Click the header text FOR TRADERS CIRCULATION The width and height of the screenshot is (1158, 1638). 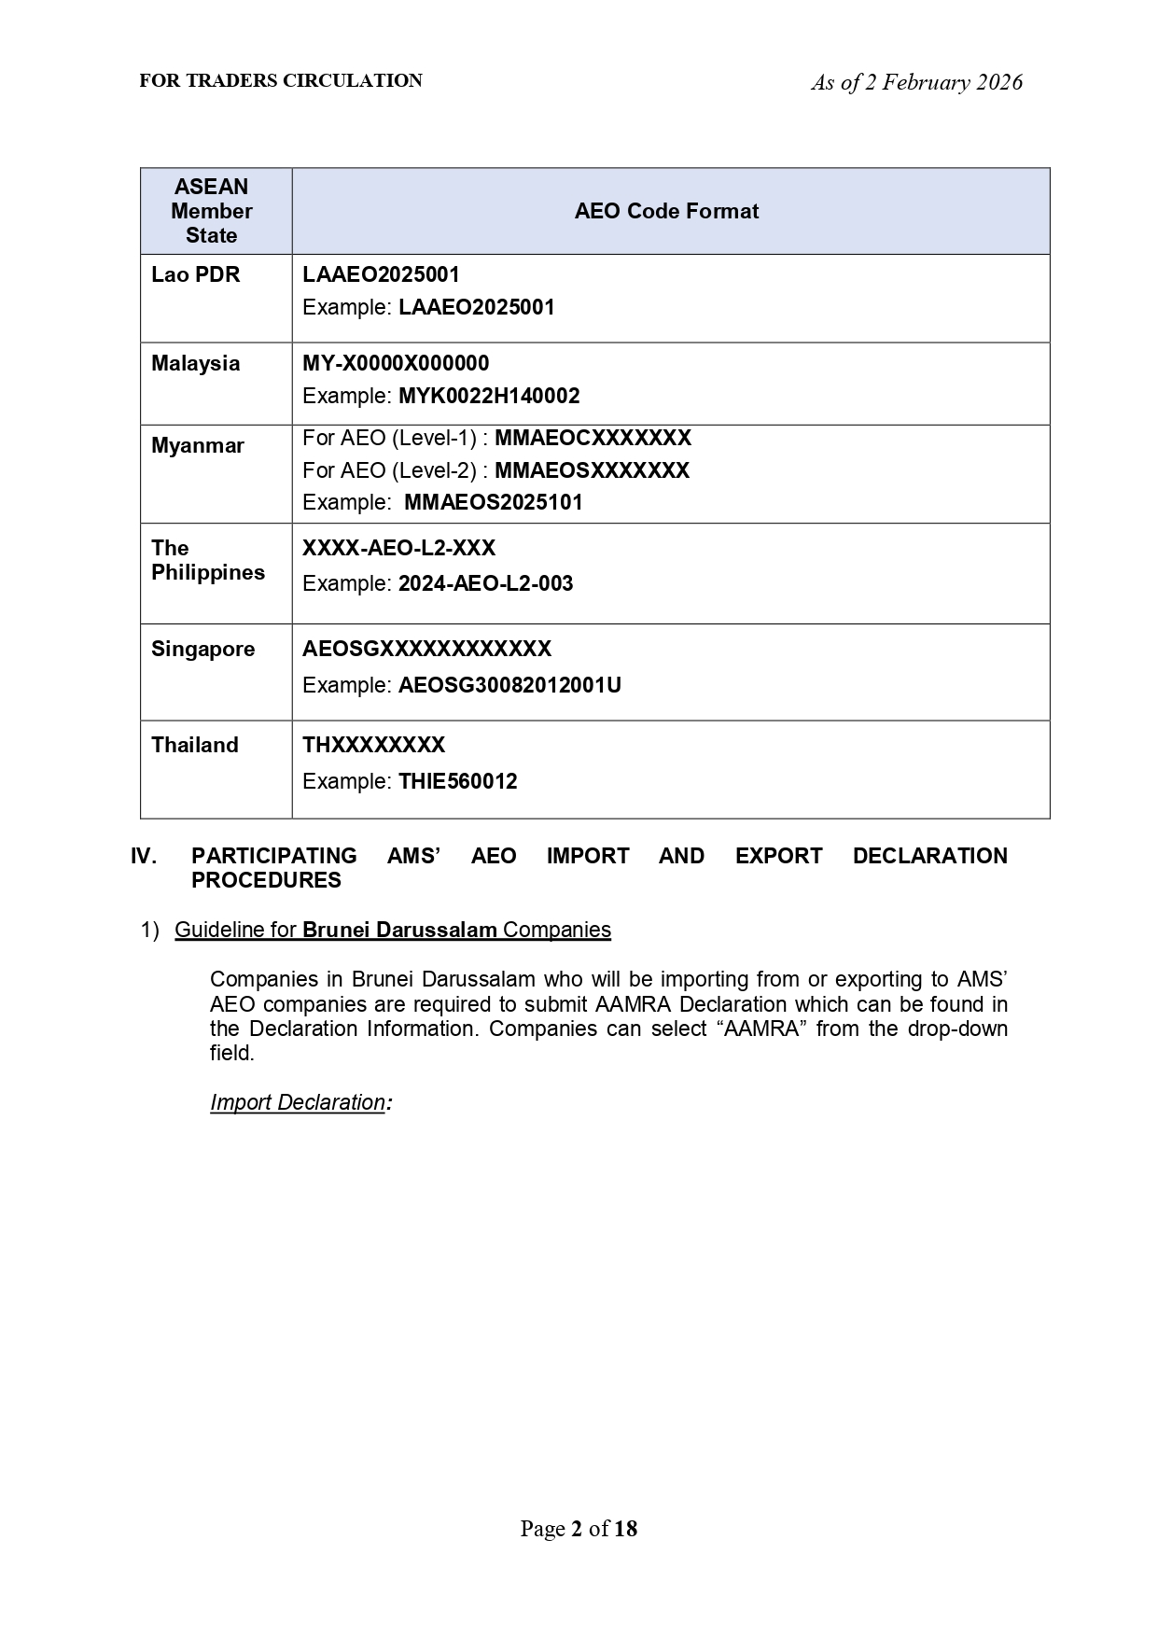click(x=281, y=81)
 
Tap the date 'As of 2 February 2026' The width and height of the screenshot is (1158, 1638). click(x=916, y=83)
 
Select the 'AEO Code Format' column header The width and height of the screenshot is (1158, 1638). click(x=666, y=211)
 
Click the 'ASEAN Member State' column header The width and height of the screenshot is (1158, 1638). click(x=212, y=211)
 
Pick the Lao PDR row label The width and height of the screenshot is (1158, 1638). click(x=196, y=274)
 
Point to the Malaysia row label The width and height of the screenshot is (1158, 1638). click(x=196, y=363)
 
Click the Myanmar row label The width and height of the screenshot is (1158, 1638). click(x=198, y=445)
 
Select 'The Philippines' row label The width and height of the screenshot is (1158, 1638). click(x=207, y=560)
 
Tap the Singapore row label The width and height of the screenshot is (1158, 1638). click(x=202, y=649)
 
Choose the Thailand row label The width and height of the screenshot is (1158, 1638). click(x=195, y=745)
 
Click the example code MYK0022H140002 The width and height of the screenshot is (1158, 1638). click(x=489, y=396)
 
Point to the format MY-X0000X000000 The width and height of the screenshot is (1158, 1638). click(x=396, y=363)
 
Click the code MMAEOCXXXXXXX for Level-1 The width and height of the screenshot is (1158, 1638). click(x=593, y=438)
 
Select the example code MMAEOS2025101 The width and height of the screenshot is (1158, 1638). click(x=493, y=502)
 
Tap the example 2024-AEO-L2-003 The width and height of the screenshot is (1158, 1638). click(x=485, y=583)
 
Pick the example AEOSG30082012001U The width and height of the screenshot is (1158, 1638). click(x=509, y=685)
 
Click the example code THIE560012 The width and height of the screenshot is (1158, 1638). click(x=457, y=781)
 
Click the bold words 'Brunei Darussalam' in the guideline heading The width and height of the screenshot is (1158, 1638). click(x=399, y=930)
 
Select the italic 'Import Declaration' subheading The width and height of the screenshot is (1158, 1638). click(x=298, y=1102)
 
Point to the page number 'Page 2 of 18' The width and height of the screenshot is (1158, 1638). click(x=579, y=1528)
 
